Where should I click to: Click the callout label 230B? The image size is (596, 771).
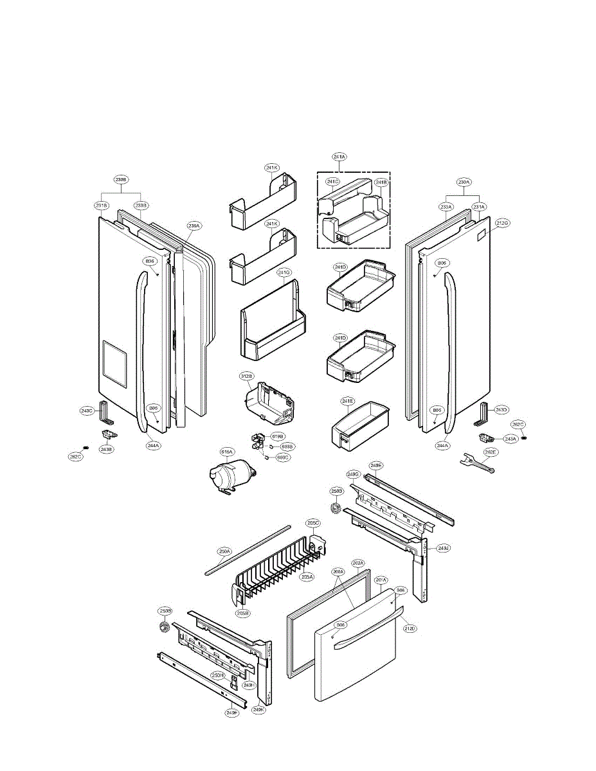tap(121, 179)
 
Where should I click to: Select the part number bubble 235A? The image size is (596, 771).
tap(194, 226)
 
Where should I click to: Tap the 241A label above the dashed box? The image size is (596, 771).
tap(339, 157)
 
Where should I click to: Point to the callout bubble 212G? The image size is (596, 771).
tap(503, 223)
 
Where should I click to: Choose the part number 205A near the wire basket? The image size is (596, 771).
tap(307, 576)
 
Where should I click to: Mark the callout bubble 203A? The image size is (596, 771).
tap(358, 563)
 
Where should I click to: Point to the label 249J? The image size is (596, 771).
tap(443, 548)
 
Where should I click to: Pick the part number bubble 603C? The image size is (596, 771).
tap(283, 457)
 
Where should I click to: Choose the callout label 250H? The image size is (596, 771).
tap(219, 675)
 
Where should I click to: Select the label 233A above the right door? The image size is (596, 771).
tap(446, 206)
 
